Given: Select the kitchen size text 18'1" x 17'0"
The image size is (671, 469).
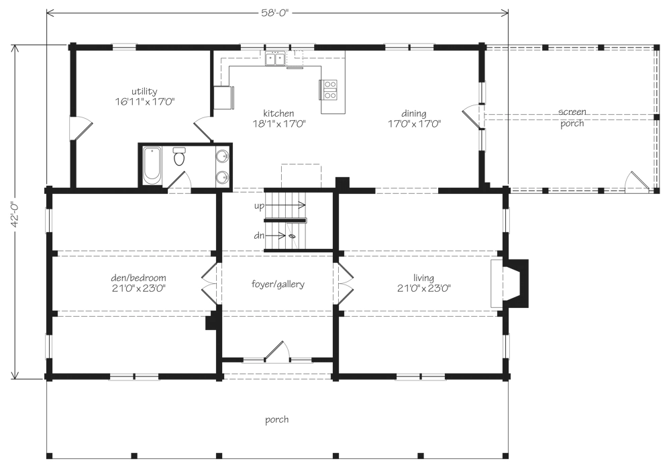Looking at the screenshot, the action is click(x=278, y=123).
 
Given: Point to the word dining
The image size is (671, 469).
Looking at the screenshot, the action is click(x=414, y=114).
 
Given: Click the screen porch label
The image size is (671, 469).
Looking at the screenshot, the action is click(x=572, y=117).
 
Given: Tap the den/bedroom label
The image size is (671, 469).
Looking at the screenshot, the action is click(x=139, y=278).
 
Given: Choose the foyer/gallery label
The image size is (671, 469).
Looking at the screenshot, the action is click(x=278, y=284).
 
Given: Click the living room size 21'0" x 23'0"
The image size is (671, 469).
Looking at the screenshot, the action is click(x=423, y=289).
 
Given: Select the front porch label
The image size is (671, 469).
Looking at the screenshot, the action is click(x=277, y=420).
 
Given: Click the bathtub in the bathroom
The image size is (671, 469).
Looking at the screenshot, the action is click(x=152, y=166).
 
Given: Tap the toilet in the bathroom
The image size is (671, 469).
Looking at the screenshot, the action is click(x=179, y=156).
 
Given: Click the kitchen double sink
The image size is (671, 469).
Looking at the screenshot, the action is click(x=275, y=58).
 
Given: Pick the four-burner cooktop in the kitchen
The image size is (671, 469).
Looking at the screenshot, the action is click(x=330, y=90).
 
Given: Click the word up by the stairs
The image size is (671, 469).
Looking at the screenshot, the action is click(x=259, y=206).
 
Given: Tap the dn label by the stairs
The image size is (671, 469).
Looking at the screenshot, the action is click(x=259, y=236).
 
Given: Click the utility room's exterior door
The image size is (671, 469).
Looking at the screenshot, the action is click(x=81, y=127).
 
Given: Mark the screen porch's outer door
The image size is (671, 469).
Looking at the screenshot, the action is click(x=637, y=181).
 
